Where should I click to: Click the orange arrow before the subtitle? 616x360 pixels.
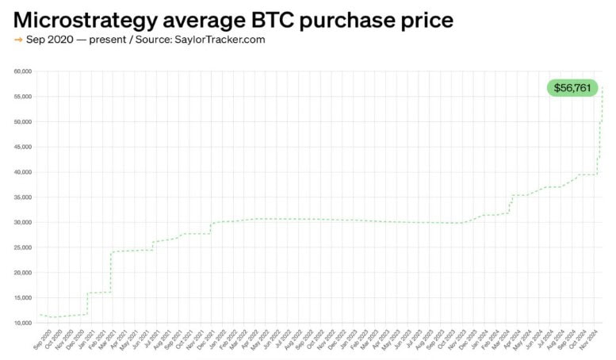point(17,39)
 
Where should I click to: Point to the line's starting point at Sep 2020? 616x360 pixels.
point(40,315)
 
